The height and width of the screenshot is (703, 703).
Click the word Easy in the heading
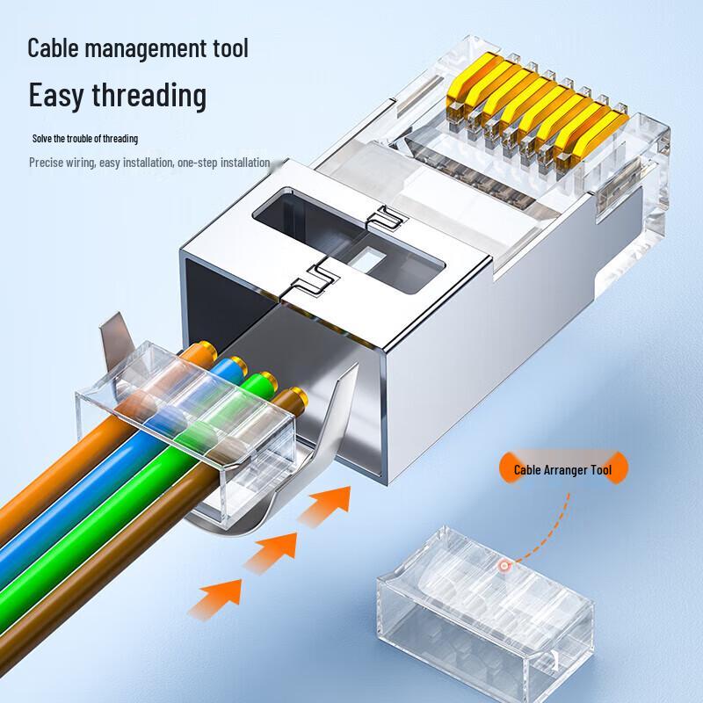(x=60, y=95)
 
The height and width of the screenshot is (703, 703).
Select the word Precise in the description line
(x=48, y=163)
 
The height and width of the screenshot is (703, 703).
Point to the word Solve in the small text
(x=43, y=139)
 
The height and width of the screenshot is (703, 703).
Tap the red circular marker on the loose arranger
(x=504, y=567)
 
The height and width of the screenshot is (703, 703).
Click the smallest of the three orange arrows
(x=329, y=505)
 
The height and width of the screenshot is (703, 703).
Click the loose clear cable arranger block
(x=483, y=606)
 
